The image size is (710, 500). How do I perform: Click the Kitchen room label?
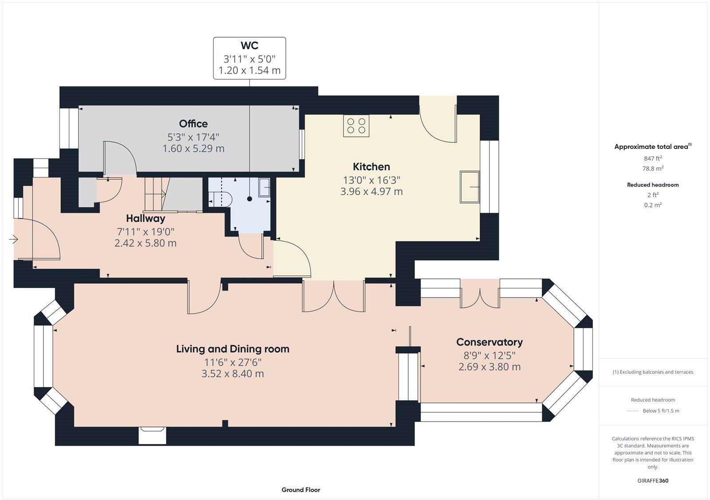click(x=371, y=167)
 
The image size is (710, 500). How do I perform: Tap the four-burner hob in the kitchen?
click(x=356, y=125)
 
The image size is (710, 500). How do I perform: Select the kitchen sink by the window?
click(x=469, y=187)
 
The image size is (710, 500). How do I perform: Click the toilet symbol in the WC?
click(x=221, y=199)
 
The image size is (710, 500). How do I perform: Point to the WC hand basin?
click(x=264, y=188)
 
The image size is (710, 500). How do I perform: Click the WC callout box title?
click(x=249, y=46)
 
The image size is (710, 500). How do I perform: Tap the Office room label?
click(x=193, y=124)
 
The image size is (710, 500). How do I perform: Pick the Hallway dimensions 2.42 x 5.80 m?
click(x=146, y=243)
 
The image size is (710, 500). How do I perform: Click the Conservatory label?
click(x=489, y=342)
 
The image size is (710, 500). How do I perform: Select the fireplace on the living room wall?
click(x=152, y=435)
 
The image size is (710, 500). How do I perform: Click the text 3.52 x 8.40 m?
click(x=233, y=374)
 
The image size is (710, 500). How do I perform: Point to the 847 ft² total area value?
click(x=653, y=158)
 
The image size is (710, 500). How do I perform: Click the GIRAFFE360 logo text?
click(x=653, y=480)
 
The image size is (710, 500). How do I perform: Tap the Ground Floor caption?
click(x=300, y=490)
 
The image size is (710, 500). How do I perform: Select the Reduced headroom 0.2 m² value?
click(x=653, y=205)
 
